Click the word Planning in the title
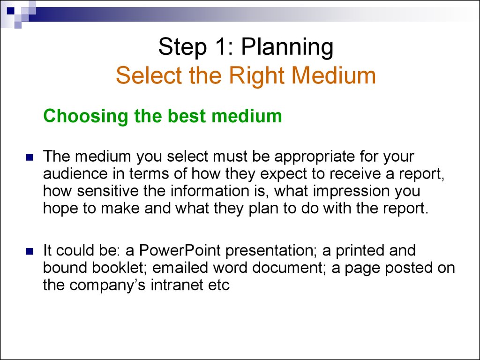(x=287, y=47)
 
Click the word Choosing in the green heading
(x=86, y=116)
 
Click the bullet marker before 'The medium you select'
(x=30, y=157)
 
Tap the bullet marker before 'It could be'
(x=30, y=251)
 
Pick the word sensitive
(x=108, y=191)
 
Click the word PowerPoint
(x=180, y=250)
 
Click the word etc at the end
(x=219, y=285)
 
